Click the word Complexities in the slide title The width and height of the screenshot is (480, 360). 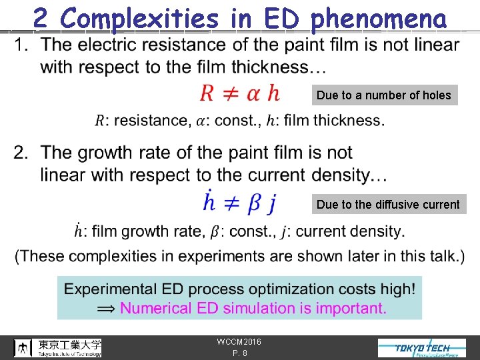point(138,19)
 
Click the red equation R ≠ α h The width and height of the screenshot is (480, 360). point(240,93)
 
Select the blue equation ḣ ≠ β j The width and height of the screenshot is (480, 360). point(239,202)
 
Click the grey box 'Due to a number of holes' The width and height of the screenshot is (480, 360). point(384,95)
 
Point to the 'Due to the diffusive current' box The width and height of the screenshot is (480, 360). point(388,205)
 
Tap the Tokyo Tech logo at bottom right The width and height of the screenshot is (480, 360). point(421,348)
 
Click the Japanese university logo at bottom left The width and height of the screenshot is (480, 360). point(59,347)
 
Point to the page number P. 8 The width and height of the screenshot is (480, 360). point(239,353)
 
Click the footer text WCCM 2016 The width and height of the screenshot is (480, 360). point(239,342)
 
